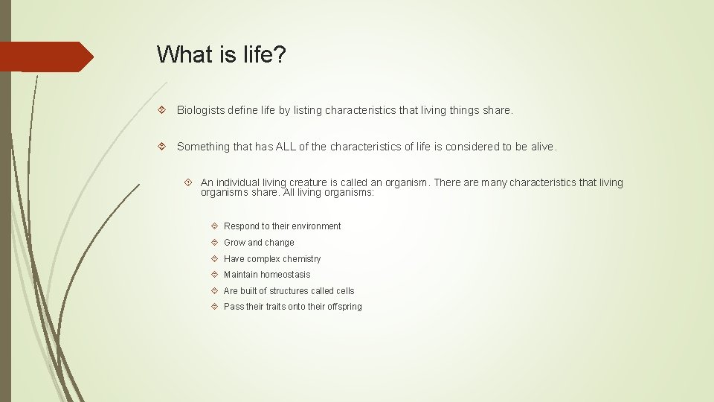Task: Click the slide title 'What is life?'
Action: (221, 54)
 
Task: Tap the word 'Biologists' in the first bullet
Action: (201, 110)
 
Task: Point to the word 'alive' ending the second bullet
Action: (542, 147)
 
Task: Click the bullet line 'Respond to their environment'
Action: (282, 226)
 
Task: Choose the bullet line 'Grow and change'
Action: (259, 243)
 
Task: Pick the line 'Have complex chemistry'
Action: (272, 259)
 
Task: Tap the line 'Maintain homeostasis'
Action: (267, 275)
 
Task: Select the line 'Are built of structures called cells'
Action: (289, 291)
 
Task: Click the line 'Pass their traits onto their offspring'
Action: (292, 307)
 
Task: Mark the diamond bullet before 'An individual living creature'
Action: (189, 182)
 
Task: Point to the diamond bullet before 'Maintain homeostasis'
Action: (214, 275)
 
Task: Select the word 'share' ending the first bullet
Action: (496, 110)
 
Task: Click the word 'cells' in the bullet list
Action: (344, 291)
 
